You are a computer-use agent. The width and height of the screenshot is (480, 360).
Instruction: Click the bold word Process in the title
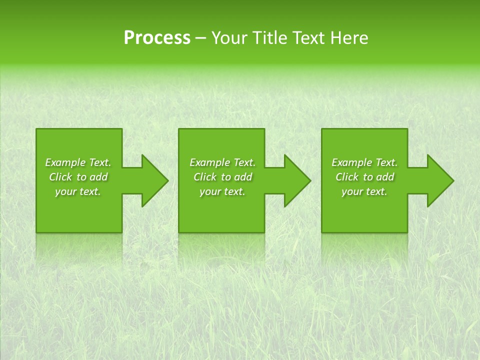click(157, 38)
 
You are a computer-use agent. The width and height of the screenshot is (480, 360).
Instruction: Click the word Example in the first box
click(65, 162)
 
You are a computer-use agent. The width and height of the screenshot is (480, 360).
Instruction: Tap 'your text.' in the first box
click(78, 191)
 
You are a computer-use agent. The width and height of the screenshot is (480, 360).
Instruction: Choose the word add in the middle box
click(243, 177)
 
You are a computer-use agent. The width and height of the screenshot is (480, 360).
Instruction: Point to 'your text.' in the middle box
click(222, 191)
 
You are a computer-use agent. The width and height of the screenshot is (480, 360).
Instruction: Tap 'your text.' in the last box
click(364, 191)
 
